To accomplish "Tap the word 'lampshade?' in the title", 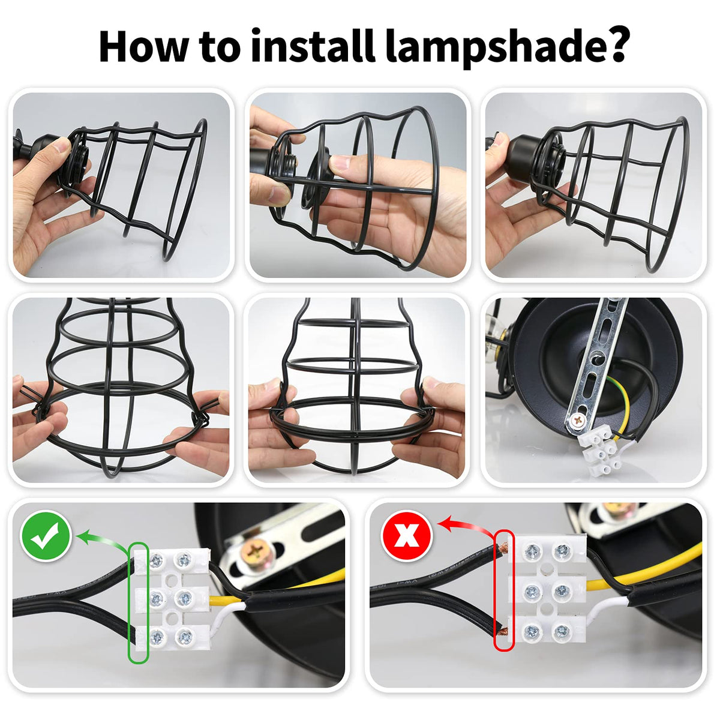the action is coord(506,48).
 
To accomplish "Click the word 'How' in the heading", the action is coord(144,46).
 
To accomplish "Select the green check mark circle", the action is coord(46,536).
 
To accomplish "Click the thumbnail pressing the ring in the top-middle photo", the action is coord(340,163).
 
